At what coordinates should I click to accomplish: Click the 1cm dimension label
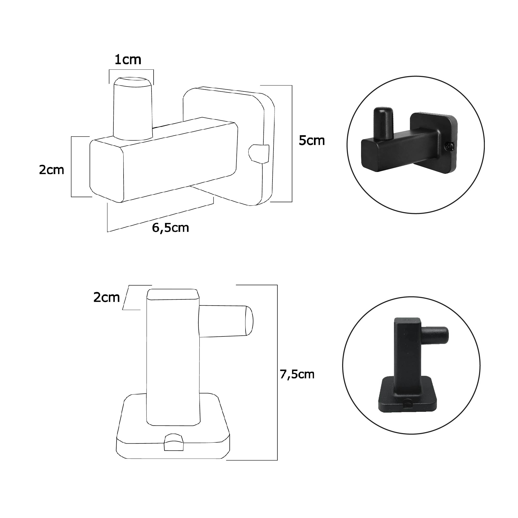[x=128, y=60]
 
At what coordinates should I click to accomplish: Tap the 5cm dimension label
[x=312, y=140]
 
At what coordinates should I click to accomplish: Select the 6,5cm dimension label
[x=170, y=228]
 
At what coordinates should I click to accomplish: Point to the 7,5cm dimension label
[x=297, y=374]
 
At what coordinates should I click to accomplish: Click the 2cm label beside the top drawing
[x=52, y=170]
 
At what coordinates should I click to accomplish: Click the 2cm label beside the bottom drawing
[x=106, y=298]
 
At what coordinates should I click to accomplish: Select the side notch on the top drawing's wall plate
[x=259, y=154]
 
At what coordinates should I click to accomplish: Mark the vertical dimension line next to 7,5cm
[x=277, y=375]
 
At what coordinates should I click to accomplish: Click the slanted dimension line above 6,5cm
[x=161, y=217]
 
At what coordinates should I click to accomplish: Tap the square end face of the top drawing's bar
[x=106, y=170]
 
